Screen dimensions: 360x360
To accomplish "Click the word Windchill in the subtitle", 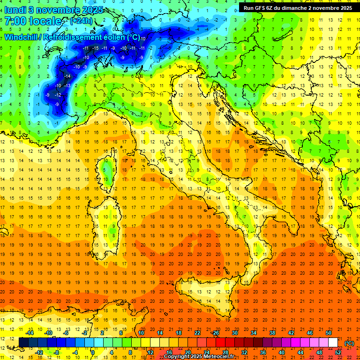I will (22, 37).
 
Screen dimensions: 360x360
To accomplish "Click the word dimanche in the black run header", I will (298, 8).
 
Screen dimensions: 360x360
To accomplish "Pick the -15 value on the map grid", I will (96, 48).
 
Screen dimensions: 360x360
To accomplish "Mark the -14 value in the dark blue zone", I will (67, 76).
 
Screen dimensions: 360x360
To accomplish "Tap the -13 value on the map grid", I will (67, 85).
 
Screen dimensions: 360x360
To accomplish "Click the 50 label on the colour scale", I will (329, 333).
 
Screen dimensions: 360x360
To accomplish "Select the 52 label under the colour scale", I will (338, 352).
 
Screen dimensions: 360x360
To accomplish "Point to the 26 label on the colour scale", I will (216, 333).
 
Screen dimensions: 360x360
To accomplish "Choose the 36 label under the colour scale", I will (263, 352).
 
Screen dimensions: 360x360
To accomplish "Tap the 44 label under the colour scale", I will (300, 352).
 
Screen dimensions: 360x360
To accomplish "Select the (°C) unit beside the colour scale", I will (349, 343).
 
